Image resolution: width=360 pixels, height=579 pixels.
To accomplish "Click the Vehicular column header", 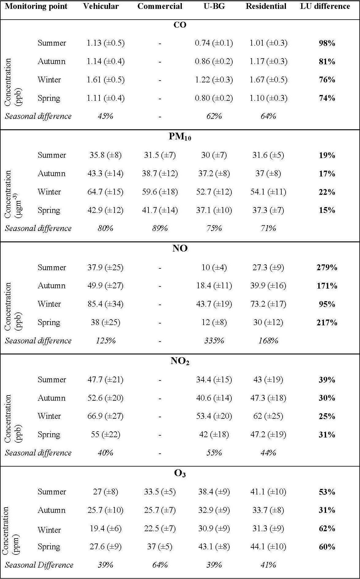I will (101, 6).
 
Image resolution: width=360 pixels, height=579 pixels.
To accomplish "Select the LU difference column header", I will (325, 6).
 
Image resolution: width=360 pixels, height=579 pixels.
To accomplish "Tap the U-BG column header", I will (214, 6).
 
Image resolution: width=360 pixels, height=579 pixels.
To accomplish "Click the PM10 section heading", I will (180, 137).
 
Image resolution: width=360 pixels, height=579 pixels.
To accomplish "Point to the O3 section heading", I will (180, 474).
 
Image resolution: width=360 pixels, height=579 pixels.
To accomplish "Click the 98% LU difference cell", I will (327, 43).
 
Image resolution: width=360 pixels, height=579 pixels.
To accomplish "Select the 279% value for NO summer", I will (327, 267).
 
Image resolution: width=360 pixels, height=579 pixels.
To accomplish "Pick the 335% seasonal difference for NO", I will (214, 341).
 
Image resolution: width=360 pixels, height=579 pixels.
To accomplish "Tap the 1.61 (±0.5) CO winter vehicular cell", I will (105, 80).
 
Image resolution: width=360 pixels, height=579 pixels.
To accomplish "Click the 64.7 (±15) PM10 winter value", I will (105, 192).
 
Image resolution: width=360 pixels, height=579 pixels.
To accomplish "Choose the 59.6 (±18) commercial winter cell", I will (160, 192).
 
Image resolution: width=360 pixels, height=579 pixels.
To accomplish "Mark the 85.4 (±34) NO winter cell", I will (105, 304).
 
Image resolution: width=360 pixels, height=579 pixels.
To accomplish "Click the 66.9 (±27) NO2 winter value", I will (105, 416).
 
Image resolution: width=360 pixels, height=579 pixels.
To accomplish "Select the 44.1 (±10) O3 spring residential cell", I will (268, 547).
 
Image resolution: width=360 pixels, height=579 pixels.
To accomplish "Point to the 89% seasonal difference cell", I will (160, 229).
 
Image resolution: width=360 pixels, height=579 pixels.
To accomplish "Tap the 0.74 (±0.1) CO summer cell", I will (214, 43).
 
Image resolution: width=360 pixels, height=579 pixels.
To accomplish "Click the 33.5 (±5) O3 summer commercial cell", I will (160, 492).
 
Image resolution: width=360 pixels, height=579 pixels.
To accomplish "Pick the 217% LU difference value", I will (327, 323).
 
